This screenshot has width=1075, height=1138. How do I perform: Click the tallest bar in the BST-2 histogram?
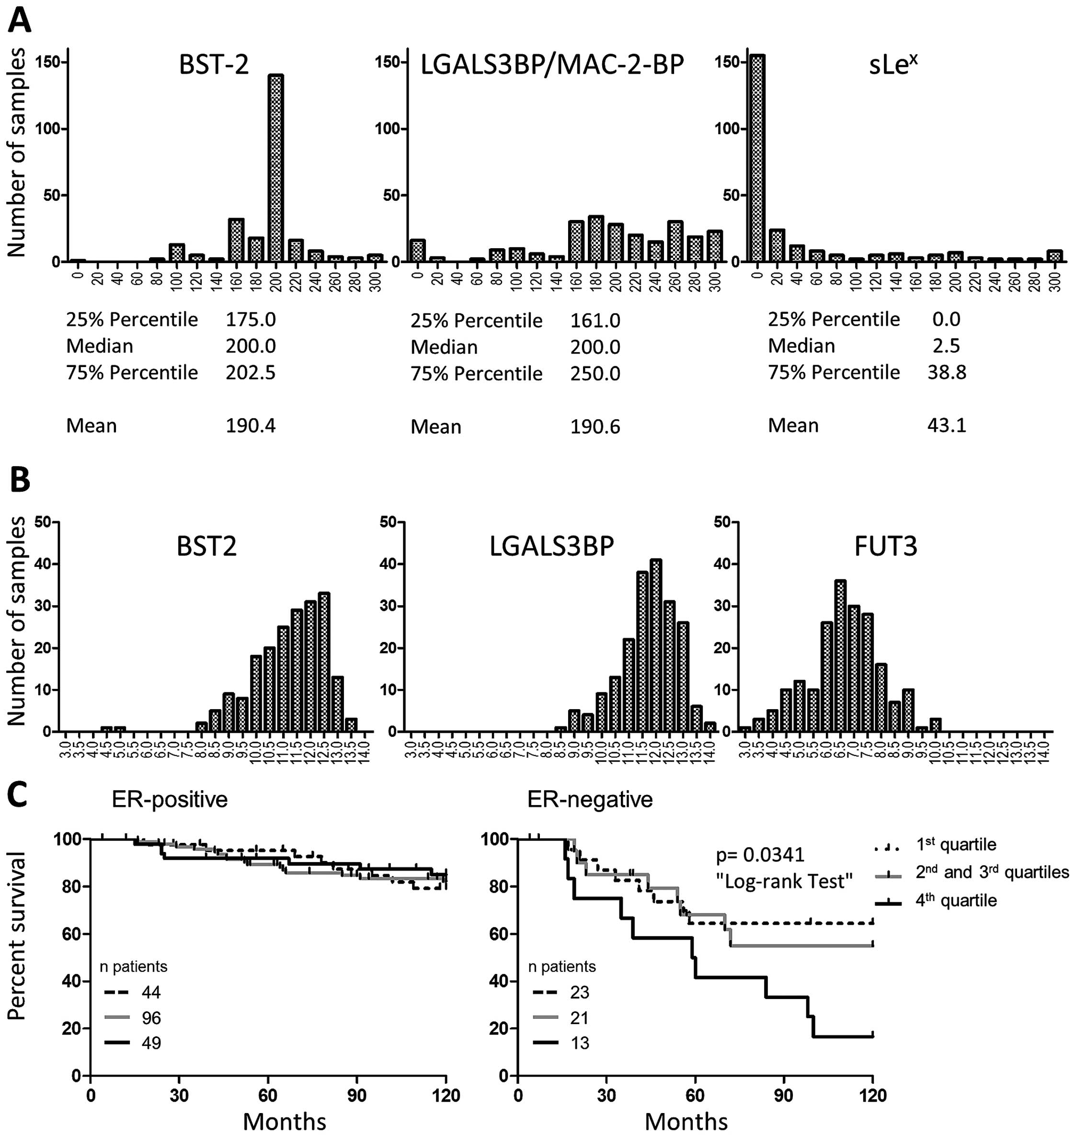tap(275, 168)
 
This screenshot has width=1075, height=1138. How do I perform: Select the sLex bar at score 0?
tap(757, 158)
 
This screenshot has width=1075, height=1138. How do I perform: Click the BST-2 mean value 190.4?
tap(251, 426)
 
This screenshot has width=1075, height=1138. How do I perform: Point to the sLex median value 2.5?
tap(946, 345)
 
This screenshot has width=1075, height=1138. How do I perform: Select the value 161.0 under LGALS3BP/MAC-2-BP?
tap(595, 320)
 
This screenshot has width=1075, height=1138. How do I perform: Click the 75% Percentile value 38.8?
tap(947, 372)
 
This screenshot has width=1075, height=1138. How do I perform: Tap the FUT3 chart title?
tap(885, 546)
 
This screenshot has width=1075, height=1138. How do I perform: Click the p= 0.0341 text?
tap(760, 855)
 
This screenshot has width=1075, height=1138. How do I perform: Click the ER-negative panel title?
tap(590, 799)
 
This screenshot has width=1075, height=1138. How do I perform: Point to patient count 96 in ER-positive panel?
tap(151, 1018)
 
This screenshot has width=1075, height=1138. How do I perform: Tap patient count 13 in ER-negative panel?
tap(579, 1043)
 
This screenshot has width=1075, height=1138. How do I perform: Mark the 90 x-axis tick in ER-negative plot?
tap(783, 1096)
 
